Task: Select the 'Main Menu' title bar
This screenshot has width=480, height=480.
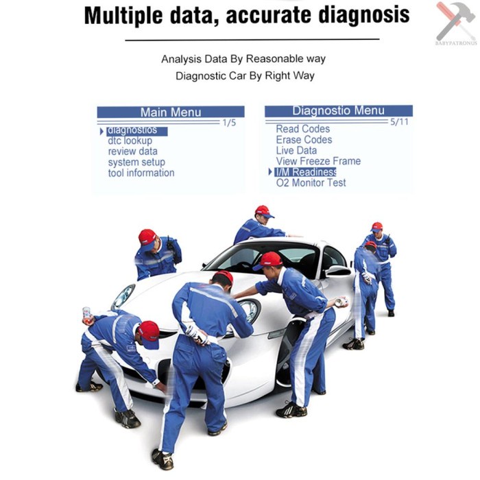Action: point(171,112)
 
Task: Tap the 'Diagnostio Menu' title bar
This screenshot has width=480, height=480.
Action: point(338,110)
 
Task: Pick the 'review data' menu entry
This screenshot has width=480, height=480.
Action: point(132,152)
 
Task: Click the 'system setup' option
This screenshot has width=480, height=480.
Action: point(136,163)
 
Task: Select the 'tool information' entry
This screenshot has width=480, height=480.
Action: point(141,173)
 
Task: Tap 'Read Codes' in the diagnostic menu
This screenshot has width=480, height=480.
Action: point(302,129)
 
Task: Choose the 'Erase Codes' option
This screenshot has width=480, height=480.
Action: point(304,140)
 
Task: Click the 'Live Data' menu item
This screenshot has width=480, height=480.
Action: point(296,151)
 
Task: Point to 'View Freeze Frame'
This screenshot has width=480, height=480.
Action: point(317,161)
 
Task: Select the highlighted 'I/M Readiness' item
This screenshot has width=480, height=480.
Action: point(305,172)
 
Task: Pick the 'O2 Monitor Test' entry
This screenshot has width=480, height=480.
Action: point(311,183)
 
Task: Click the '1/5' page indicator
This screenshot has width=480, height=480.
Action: point(229,123)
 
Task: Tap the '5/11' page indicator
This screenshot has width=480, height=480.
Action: point(398,122)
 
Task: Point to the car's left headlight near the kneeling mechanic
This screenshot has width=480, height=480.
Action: point(123,296)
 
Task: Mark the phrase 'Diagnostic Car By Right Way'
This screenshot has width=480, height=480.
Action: point(245,75)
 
